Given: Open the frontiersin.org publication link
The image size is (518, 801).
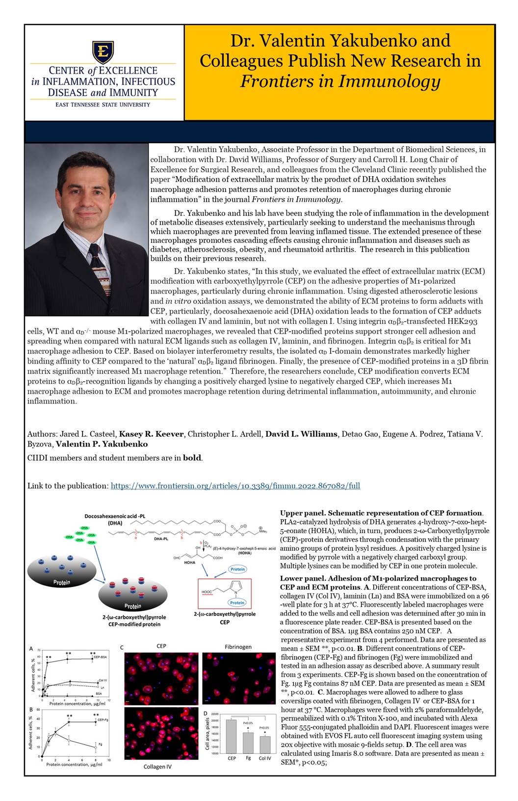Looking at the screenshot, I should coord(235,486).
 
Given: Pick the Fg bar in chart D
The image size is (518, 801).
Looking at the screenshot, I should coord(248,743).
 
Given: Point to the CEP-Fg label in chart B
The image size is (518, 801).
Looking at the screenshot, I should coord(103,720).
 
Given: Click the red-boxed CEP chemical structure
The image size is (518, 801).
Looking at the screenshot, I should coord(224,592).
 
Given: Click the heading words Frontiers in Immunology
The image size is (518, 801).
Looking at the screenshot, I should coord(339,81).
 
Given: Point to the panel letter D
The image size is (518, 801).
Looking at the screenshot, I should coord(205,712).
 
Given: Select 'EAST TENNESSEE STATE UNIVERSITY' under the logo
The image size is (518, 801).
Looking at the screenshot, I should coord(103,105).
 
